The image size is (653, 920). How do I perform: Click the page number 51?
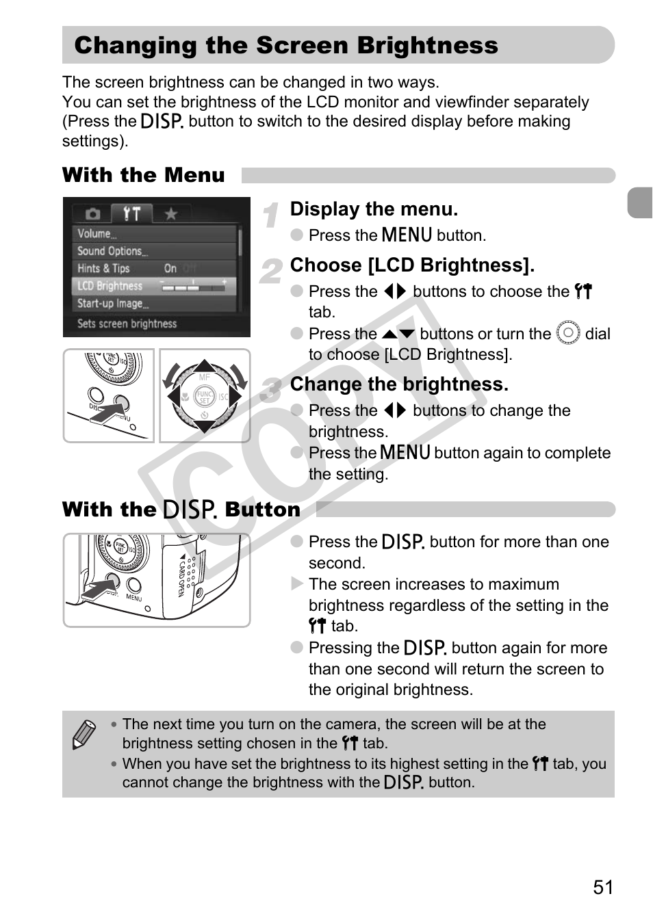coord(602,887)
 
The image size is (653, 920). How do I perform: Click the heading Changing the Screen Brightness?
coord(286,46)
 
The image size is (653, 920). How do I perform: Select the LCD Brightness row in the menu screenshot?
coord(154,286)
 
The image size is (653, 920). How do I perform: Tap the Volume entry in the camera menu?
coord(97,234)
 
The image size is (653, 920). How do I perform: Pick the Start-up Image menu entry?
coord(112,304)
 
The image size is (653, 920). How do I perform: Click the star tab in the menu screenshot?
coord(170,214)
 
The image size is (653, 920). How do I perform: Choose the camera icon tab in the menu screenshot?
coord(92,214)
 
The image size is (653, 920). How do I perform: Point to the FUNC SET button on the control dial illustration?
coord(205,396)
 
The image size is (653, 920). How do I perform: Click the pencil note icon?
coord(84,735)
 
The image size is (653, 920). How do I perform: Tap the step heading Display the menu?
coord(374,209)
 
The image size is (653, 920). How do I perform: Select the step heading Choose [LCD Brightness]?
coord(412,265)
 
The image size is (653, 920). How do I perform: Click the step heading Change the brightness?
coord(399,384)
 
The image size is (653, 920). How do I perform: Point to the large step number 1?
coord(271,215)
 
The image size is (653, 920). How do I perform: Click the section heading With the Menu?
coord(143,175)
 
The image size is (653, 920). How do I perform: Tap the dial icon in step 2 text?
coord(568,333)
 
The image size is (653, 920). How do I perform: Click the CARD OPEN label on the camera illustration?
coord(182,577)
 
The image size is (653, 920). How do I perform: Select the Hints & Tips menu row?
coord(104,269)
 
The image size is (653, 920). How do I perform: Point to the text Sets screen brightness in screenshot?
coord(127,324)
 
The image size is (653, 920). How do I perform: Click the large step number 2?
coord(271,272)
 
